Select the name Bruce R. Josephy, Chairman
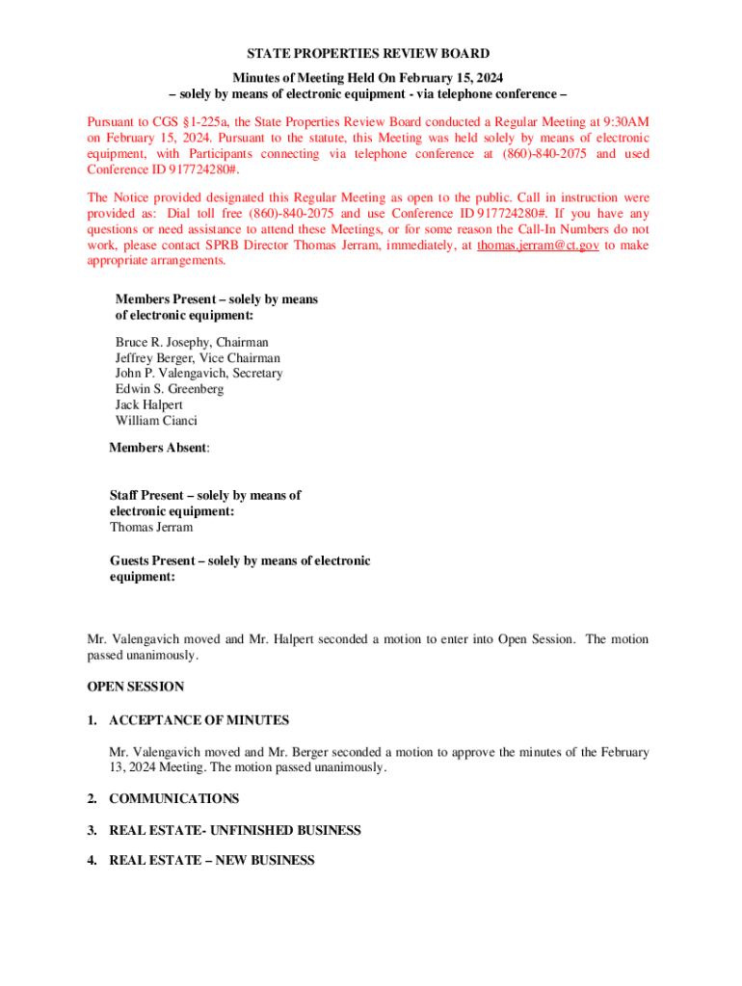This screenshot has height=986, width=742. click(x=192, y=342)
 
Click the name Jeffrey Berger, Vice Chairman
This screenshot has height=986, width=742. click(x=198, y=358)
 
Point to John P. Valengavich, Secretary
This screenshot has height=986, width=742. click(x=199, y=374)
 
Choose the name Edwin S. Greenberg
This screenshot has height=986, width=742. click(x=170, y=389)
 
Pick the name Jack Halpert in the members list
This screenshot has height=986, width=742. click(x=148, y=405)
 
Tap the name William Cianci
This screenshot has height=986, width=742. click(x=156, y=421)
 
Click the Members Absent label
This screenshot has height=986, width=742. click(x=159, y=448)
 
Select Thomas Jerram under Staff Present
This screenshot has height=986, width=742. click(x=151, y=528)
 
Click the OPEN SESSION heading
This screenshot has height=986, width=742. click(x=135, y=688)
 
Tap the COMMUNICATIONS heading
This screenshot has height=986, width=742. click(x=173, y=799)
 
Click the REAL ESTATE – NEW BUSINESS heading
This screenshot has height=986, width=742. click(x=211, y=861)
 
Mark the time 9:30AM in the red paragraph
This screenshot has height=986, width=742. click(x=622, y=122)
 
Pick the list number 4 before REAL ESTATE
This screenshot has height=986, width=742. click(x=92, y=861)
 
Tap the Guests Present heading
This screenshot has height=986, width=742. click(x=240, y=560)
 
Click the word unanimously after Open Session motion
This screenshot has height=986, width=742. click(x=166, y=655)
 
